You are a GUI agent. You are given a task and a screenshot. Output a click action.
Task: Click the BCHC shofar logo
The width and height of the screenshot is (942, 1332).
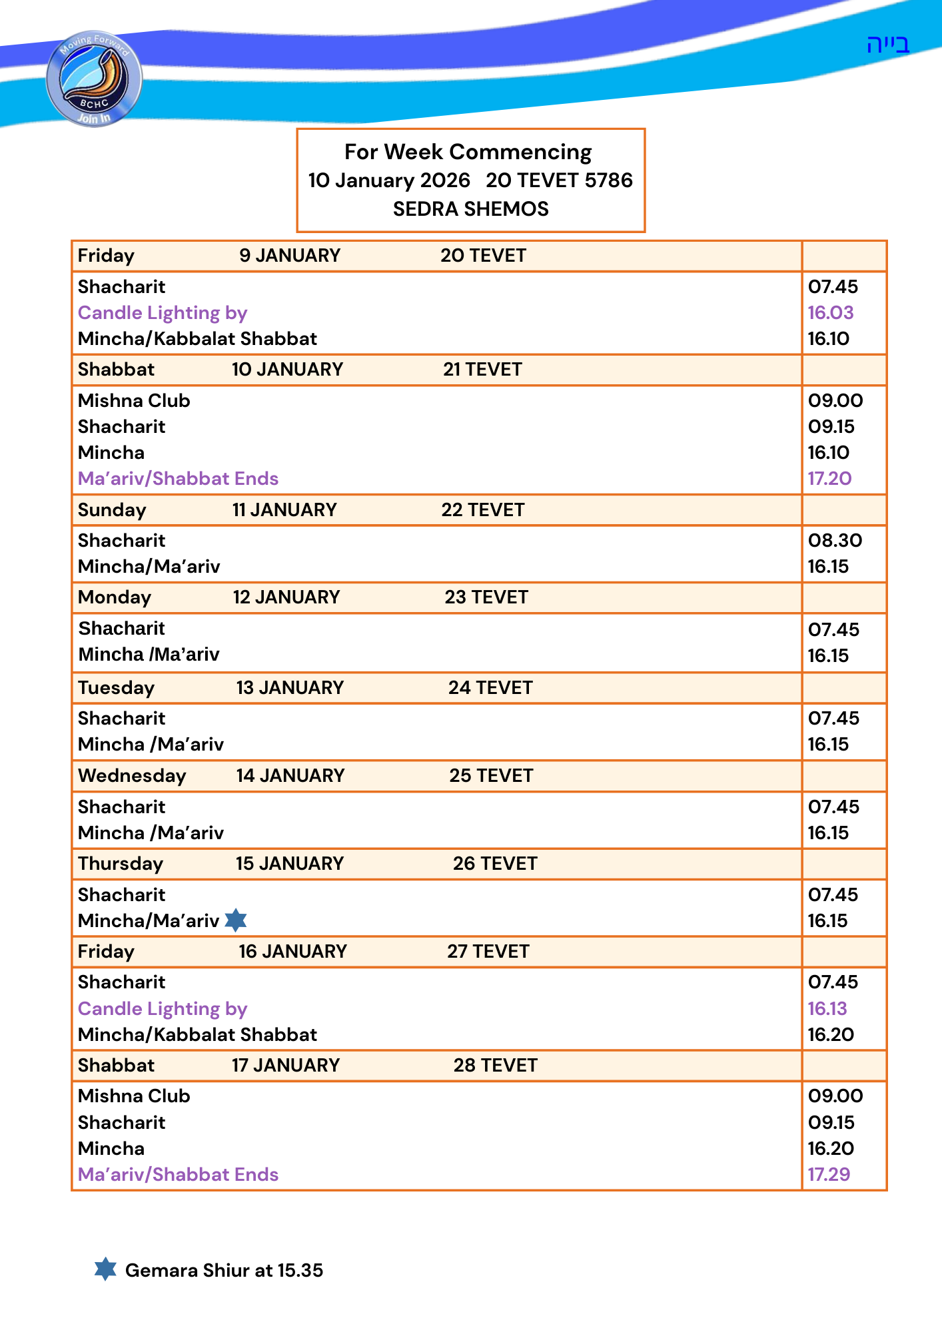tap(94, 79)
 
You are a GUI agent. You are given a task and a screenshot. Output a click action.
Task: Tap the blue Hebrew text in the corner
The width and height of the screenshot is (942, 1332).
tap(887, 45)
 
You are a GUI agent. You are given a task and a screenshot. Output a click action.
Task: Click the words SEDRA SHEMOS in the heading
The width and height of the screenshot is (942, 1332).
tap(470, 209)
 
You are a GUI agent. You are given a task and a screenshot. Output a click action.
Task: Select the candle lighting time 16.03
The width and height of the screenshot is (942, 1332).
tap(830, 312)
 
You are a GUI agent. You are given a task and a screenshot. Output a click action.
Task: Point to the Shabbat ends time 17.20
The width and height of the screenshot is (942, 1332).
tap(829, 478)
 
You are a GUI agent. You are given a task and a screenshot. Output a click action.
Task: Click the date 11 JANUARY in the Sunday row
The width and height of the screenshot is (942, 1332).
tap(284, 509)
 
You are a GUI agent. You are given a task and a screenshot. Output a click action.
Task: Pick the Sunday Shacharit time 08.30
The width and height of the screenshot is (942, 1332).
tap(835, 540)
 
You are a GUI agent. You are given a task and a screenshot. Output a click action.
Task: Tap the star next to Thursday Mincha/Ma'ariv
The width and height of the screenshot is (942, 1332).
tap(236, 920)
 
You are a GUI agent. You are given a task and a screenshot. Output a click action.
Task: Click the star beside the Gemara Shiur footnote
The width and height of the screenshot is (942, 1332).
tap(105, 1269)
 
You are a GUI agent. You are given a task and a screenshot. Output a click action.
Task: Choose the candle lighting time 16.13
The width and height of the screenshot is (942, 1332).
tap(827, 1008)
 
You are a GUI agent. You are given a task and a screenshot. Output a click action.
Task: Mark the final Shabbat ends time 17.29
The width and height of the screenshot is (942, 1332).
tap(829, 1174)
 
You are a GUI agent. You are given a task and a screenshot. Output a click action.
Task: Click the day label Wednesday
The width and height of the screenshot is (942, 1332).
tap(132, 775)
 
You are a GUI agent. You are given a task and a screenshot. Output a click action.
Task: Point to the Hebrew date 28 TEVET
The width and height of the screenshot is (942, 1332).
tap(495, 1065)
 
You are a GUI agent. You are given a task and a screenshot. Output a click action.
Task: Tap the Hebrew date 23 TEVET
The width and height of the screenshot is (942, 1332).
tap(486, 597)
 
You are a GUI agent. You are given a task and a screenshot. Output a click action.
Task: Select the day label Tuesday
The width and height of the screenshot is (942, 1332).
tap(116, 687)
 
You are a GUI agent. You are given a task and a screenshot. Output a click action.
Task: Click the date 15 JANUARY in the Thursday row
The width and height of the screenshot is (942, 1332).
tap(289, 863)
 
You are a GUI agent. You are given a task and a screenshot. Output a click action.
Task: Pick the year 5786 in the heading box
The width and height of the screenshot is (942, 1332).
tap(608, 180)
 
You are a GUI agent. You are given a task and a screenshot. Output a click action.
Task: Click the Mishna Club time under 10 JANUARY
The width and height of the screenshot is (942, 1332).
tap(835, 400)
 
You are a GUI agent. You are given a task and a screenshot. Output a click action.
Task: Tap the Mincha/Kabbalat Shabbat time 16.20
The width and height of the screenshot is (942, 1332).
tap(830, 1034)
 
